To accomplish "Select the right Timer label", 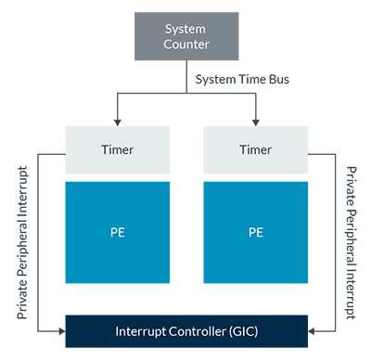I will tap(256, 148).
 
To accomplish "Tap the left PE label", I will tap(119, 233).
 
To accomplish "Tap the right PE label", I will tap(256, 233).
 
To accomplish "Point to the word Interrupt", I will tap(143, 331).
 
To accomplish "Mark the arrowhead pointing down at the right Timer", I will tap(256, 118).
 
